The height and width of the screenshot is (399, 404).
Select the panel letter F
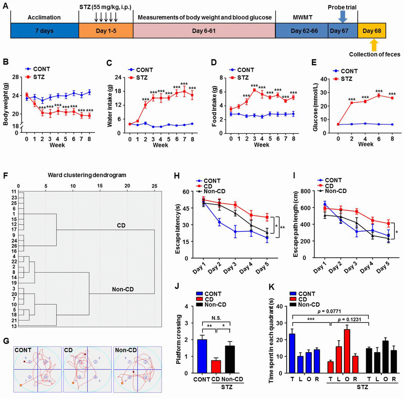click(5, 162)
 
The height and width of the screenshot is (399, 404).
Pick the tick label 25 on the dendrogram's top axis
click(154, 185)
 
